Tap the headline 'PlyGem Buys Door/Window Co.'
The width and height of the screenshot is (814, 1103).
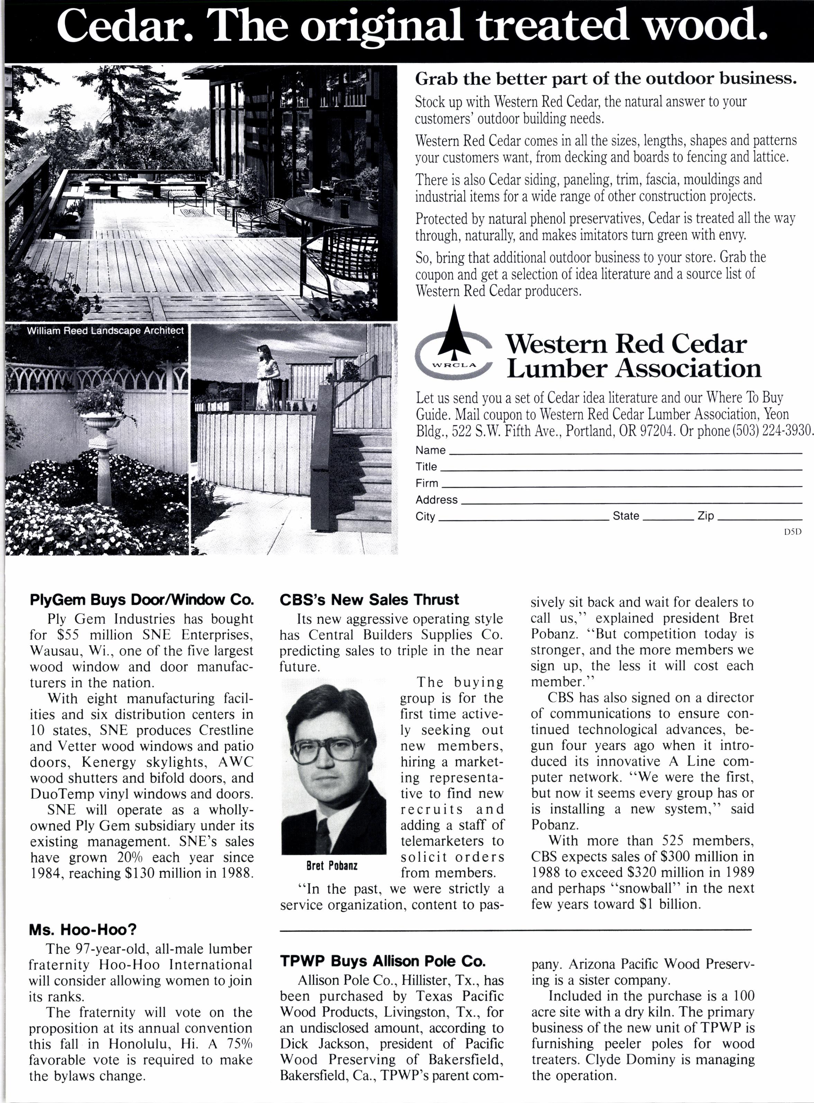(x=142, y=600)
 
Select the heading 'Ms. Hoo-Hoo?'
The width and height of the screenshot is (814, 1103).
(x=82, y=930)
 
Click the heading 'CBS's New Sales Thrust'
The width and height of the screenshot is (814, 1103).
(x=369, y=600)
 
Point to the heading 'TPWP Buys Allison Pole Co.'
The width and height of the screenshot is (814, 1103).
(x=382, y=961)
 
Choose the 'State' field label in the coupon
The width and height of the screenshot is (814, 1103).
(x=626, y=516)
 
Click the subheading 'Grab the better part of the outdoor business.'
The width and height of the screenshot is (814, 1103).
(x=606, y=79)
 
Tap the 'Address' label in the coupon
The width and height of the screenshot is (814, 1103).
(x=436, y=500)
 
